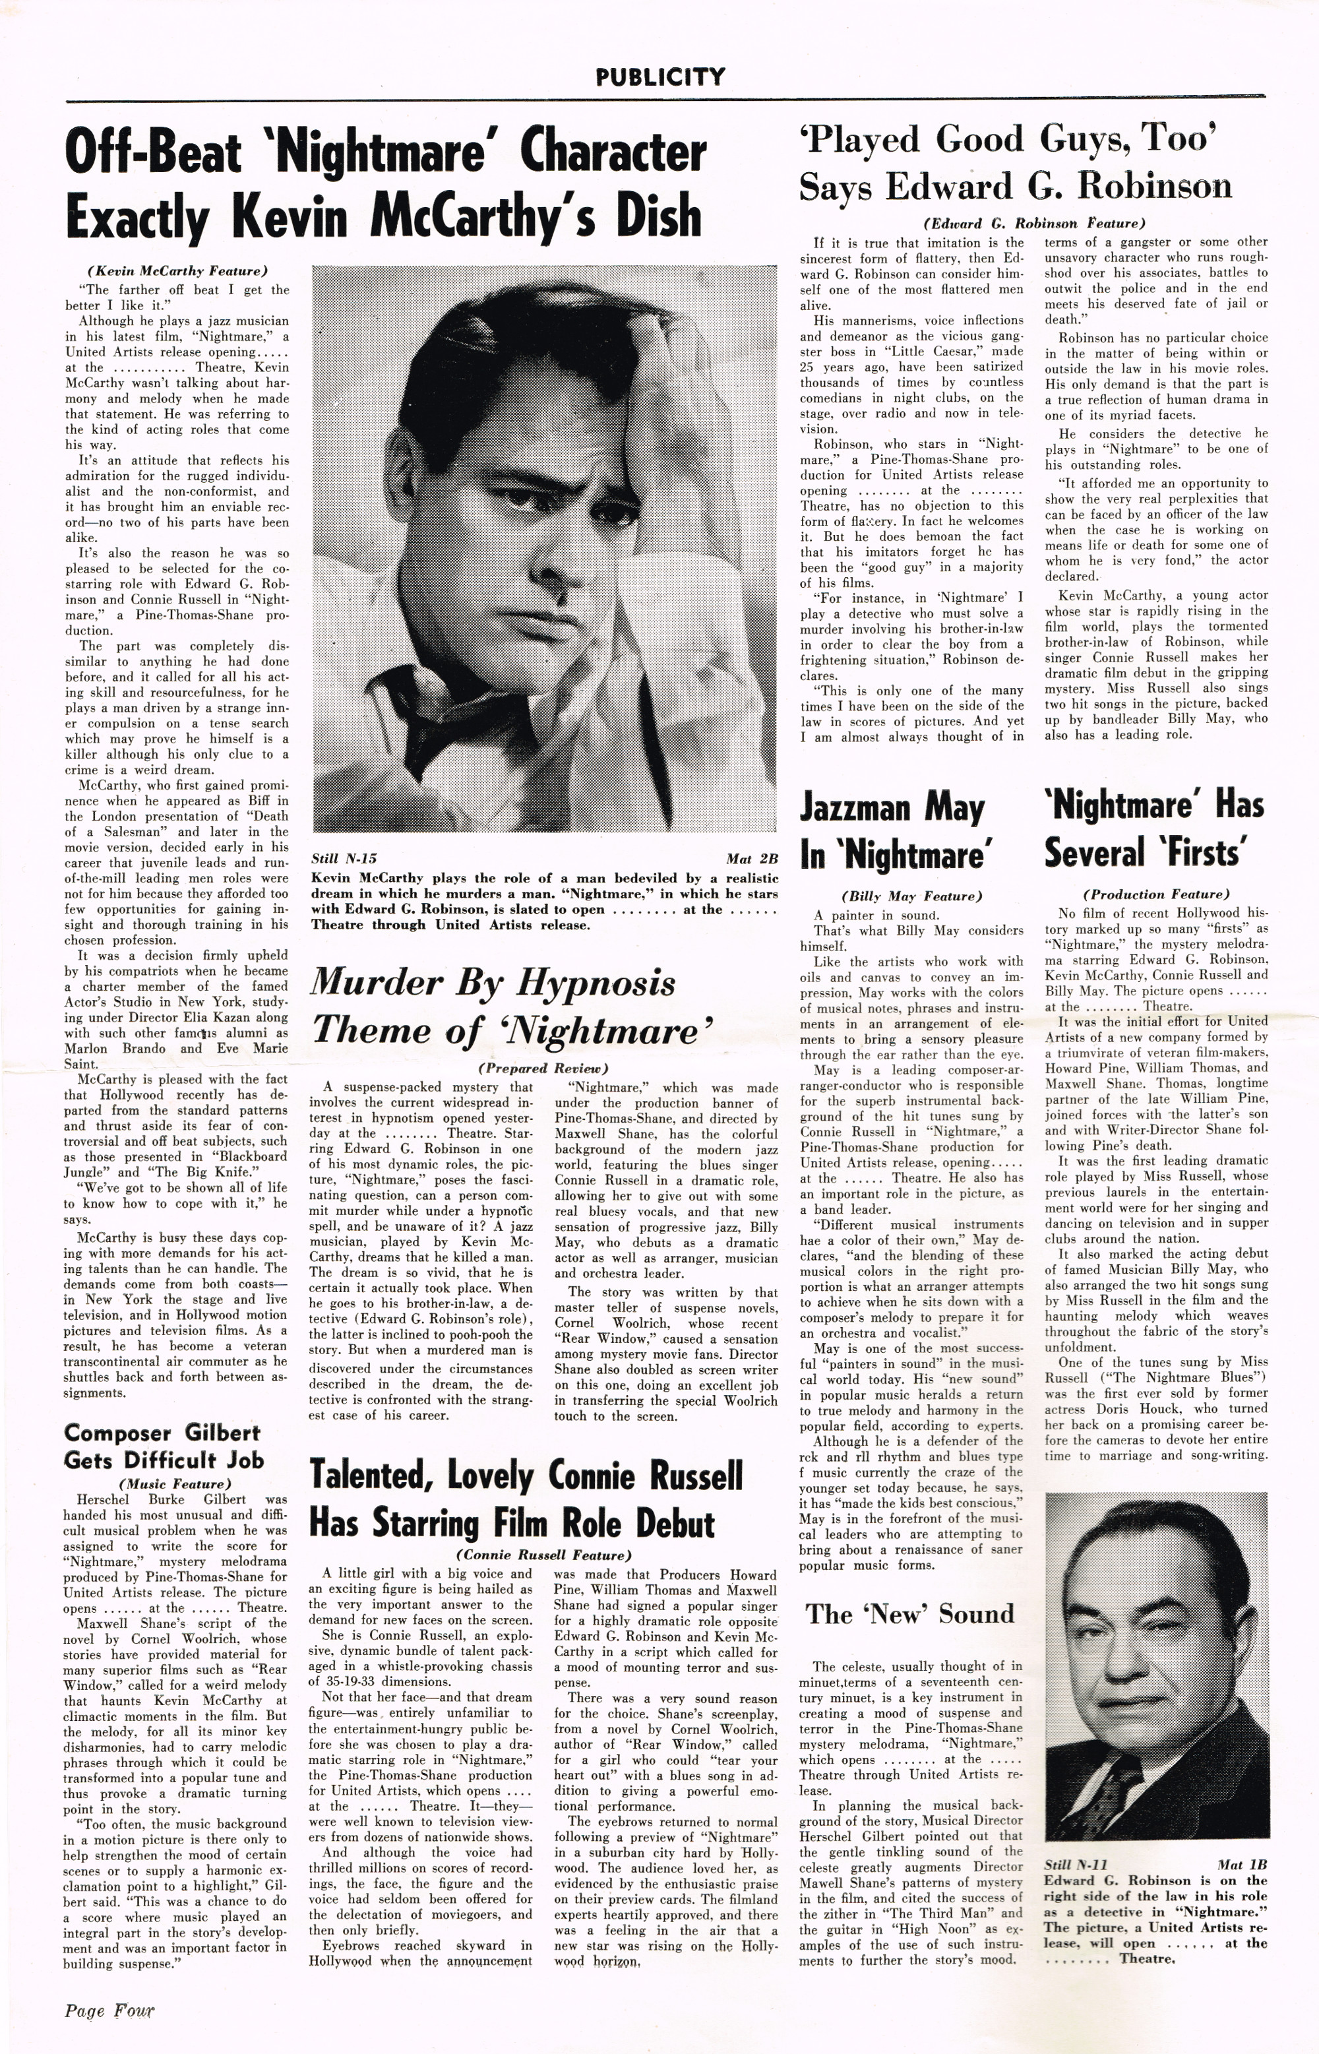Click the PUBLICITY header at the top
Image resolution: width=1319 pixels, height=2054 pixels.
[660, 78]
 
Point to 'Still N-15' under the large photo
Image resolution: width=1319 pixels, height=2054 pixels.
[344, 858]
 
